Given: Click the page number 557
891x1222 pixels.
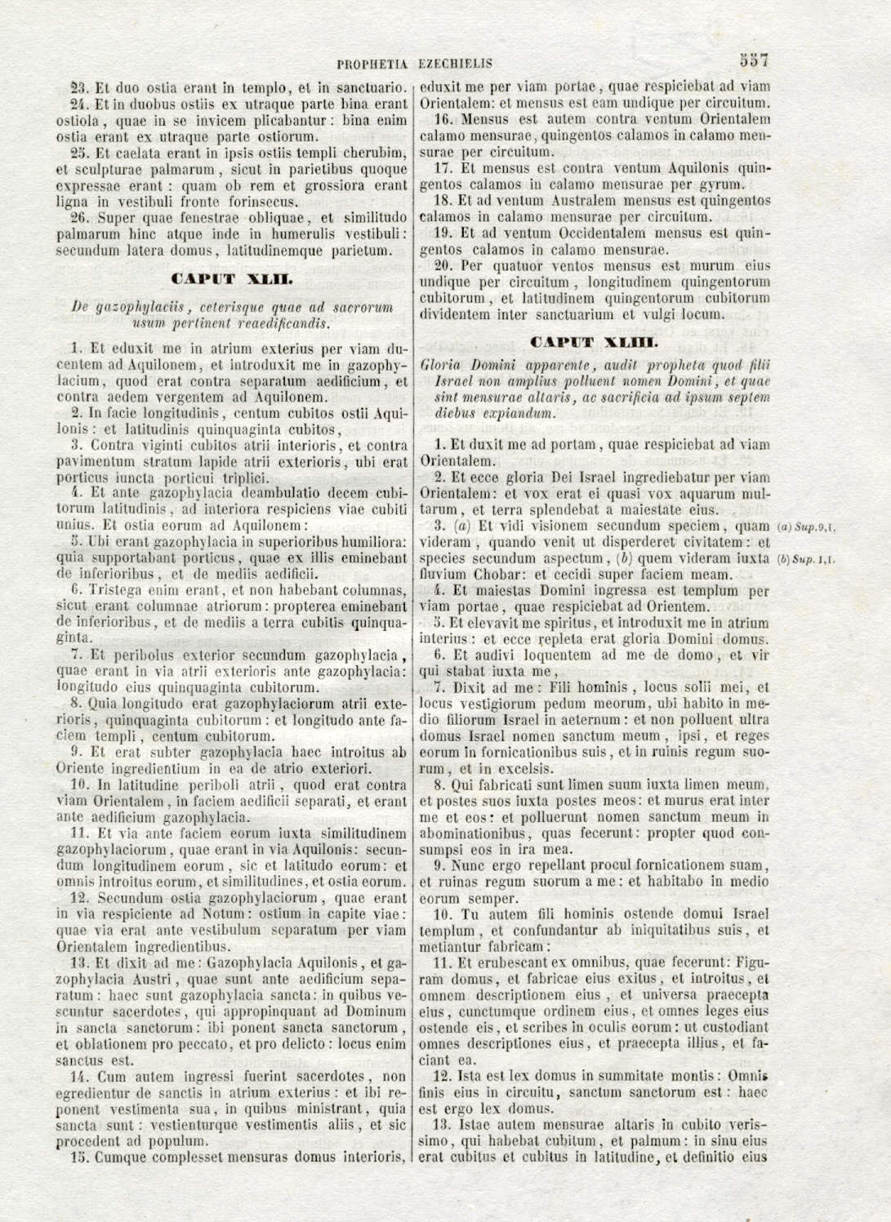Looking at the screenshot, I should point(755,60).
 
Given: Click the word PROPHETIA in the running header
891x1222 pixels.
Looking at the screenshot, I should point(373,63).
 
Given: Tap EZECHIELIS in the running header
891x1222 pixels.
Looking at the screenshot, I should point(455,63).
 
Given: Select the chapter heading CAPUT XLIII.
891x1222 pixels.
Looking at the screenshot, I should point(594,341).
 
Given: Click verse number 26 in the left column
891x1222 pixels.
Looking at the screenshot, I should point(79,218).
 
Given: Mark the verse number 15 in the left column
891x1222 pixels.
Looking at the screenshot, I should point(79,1157).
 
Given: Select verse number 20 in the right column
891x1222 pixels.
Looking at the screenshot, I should point(443,265).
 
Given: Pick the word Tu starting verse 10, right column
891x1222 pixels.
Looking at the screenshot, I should point(470,913).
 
